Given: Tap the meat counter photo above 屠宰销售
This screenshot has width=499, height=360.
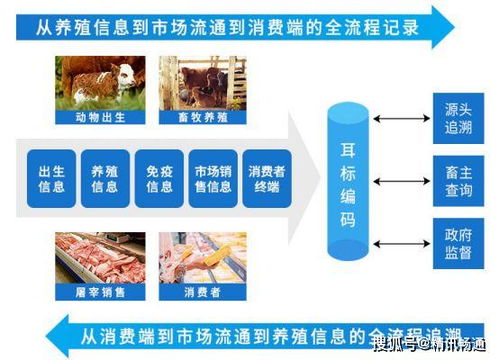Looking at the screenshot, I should point(99,257).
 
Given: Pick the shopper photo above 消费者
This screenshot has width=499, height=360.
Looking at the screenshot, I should point(203,257).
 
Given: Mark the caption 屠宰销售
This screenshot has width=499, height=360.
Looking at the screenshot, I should point(99,292).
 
